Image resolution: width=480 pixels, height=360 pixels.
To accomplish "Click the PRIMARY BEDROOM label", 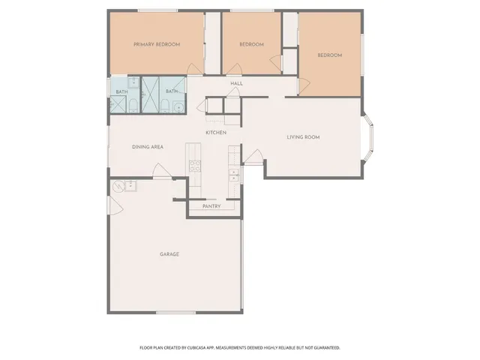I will [157, 45].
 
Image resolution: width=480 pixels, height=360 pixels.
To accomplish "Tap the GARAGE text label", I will [169, 254].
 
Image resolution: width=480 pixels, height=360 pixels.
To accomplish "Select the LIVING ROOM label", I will [304, 137].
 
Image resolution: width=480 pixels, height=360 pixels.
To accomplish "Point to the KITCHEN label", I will [216, 133].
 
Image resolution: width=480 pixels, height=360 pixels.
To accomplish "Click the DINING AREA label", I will [148, 147].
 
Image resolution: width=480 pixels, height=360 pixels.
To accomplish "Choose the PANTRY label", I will [211, 206].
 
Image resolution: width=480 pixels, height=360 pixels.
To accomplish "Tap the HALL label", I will [236, 83].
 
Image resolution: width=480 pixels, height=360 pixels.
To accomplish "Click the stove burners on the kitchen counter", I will [194, 164].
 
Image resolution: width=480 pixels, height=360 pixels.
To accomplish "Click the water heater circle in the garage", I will [118, 186].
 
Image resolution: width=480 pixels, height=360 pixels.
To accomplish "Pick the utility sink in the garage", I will [129, 184].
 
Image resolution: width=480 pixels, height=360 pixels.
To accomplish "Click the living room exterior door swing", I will [254, 156].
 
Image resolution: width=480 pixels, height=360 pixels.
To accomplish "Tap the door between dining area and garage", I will [162, 174].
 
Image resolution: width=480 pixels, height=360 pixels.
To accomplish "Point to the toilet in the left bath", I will [130, 105].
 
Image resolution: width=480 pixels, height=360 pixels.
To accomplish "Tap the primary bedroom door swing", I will [193, 69].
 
